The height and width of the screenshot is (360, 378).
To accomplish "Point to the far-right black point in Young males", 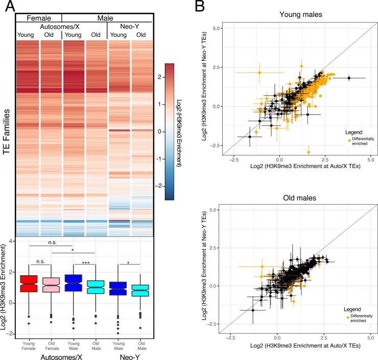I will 349,78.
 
